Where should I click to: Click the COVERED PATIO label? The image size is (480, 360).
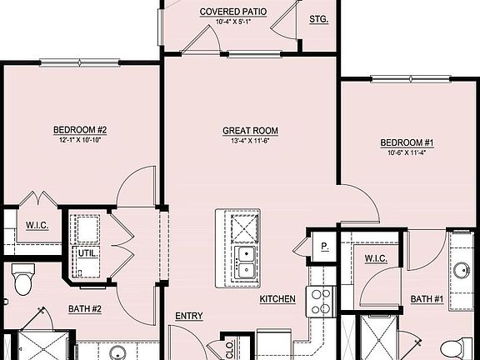232,12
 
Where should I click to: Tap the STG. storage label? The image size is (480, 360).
318,17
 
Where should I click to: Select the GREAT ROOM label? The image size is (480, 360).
250,131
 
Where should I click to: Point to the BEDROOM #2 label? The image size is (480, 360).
80,129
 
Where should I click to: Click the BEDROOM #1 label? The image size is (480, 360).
407,142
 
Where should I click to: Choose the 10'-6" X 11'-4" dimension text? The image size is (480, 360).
407,152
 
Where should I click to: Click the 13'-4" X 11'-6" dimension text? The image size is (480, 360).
250,141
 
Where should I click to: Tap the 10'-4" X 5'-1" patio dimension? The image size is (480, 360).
232,22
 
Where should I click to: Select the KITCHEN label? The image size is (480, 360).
277,298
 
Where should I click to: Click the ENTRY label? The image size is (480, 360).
189,316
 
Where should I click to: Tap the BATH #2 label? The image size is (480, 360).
84,309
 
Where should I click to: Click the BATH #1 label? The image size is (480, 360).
427,299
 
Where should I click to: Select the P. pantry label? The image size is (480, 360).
323,247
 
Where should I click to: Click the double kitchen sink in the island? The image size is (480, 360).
245,262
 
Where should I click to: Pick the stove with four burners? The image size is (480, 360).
322,301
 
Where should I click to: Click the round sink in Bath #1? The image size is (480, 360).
461,269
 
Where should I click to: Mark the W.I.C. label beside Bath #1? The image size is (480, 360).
376,258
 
